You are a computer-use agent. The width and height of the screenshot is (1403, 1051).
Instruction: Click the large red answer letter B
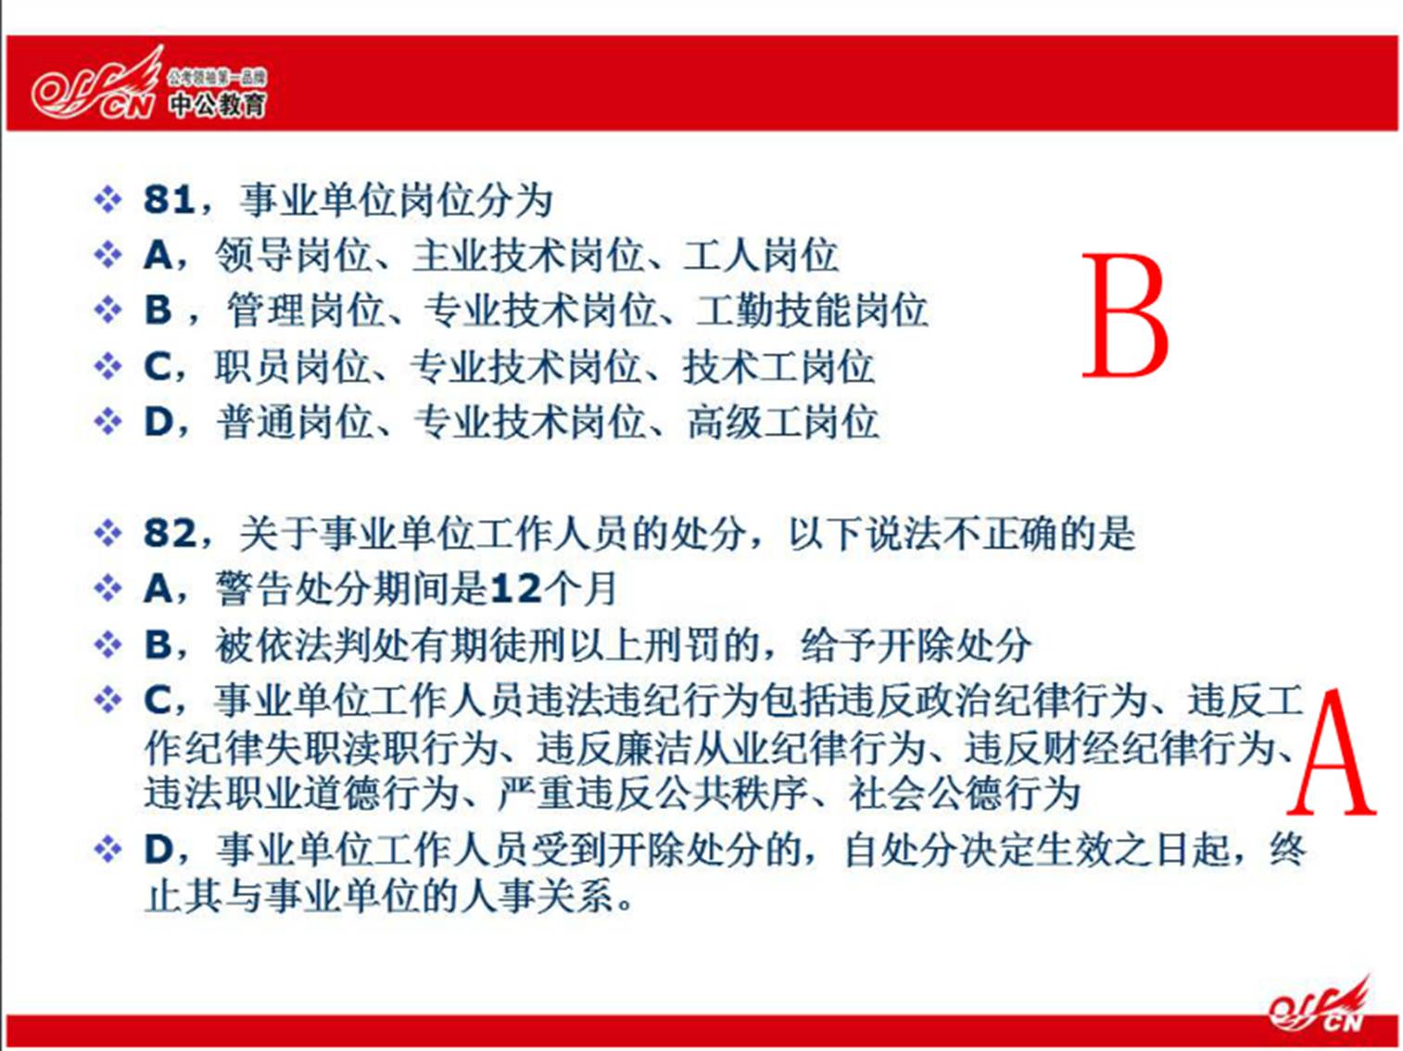[x=1125, y=315]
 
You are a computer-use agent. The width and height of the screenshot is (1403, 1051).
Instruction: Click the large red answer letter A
[x=1331, y=753]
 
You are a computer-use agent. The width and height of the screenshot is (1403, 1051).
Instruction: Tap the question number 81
[x=169, y=199]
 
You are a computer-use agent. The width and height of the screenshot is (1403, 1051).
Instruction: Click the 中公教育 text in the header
[x=218, y=104]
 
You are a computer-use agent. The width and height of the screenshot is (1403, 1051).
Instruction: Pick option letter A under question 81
[x=158, y=255]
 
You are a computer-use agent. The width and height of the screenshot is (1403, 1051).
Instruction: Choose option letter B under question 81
[x=158, y=310]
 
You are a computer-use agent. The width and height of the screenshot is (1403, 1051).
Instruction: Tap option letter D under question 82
[x=159, y=850]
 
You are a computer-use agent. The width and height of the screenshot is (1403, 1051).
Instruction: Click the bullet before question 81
[x=108, y=200]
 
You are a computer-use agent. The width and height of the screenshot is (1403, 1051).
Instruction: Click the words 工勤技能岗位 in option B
[x=811, y=310]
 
